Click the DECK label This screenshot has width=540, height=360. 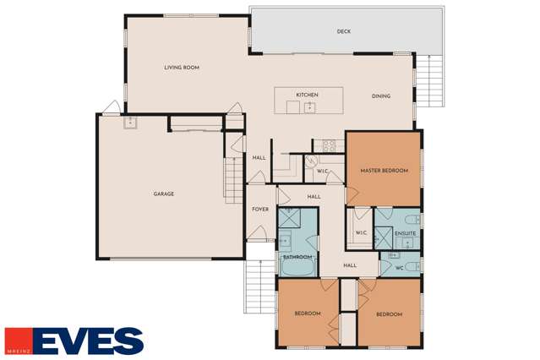coord(343,32)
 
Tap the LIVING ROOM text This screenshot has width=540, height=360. coord(182,67)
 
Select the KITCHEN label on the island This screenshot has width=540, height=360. coord(306,94)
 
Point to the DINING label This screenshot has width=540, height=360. coord(381,96)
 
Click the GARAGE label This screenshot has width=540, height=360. coord(163,194)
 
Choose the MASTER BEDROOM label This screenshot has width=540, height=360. coord(384,171)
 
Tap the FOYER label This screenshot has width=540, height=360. coord(260,209)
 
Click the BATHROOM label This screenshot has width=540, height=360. coord(297,257)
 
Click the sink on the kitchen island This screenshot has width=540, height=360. coord(309,106)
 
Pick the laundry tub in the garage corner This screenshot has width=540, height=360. coord(131,123)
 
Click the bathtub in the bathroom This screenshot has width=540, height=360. coord(297,270)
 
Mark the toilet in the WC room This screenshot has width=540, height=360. coord(414,265)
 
